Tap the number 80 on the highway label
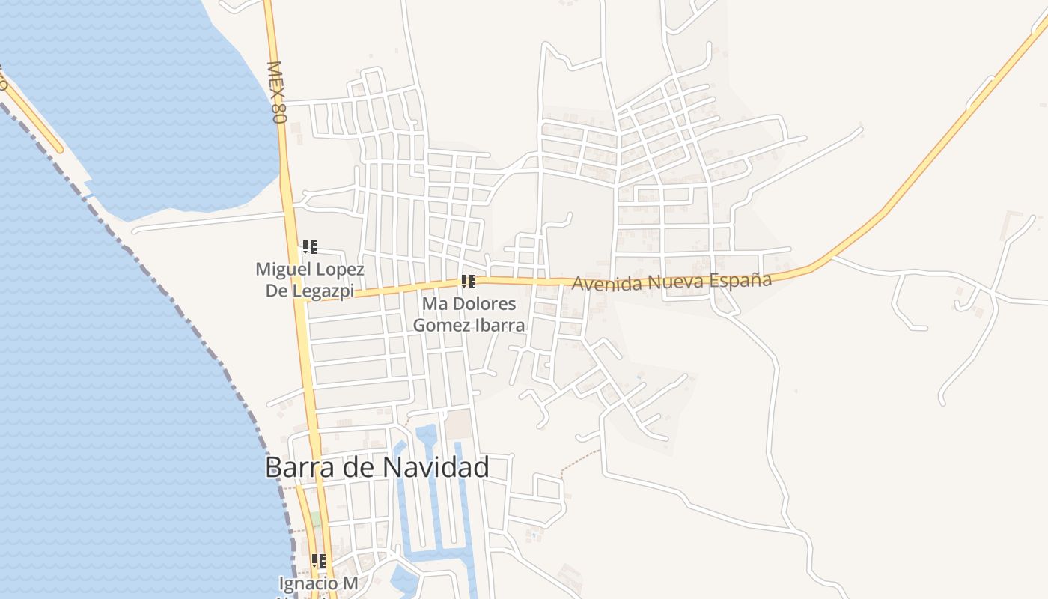(279, 111)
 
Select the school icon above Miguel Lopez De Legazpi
(309, 246)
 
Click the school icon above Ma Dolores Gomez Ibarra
(469, 282)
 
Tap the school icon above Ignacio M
(319, 560)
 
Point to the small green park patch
(317, 518)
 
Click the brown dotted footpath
(579, 460)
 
